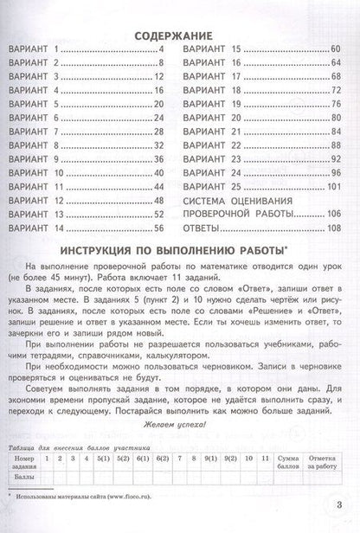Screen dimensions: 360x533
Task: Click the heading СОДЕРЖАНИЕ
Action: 180,37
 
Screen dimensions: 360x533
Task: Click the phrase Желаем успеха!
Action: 180,428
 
